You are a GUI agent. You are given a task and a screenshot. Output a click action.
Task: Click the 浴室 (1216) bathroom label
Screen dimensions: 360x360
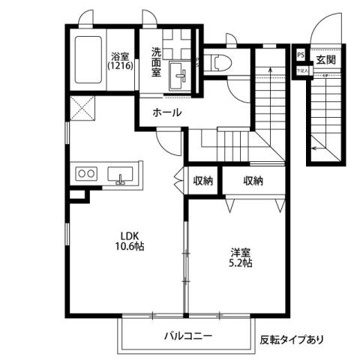pyautogui.click(x=119, y=61)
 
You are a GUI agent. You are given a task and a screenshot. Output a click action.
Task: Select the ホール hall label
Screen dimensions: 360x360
pyautogui.click(x=166, y=112)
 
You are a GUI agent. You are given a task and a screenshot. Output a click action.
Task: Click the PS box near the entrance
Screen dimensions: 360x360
pyautogui.click(x=301, y=55)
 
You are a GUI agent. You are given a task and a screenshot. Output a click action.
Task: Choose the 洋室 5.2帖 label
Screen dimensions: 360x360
pyautogui.click(x=240, y=257)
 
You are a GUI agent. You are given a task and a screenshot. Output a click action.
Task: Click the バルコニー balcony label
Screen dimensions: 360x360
pyautogui.click(x=188, y=336)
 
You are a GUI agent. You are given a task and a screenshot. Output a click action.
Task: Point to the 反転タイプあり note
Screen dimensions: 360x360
pyautogui.click(x=292, y=339)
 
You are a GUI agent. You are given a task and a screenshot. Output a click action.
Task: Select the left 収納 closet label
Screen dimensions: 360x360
pyautogui.click(x=202, y=181)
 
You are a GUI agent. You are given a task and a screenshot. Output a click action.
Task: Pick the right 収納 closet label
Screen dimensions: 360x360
pyautogui.click(x=253, y=181)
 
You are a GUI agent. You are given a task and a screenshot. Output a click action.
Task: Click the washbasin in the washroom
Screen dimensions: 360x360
pyautogui.click(x=180, y=75)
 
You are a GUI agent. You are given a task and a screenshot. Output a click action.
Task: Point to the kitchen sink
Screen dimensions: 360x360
pyautogui.click(x=120, y=175)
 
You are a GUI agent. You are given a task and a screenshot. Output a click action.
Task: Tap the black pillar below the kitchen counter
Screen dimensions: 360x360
pyautogui.click(x=76, y=195)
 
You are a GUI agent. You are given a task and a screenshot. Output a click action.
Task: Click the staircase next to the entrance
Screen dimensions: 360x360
pyautogui.click(x=324, y=112)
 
